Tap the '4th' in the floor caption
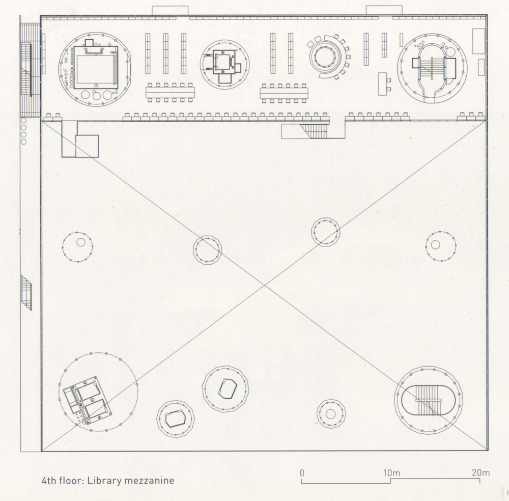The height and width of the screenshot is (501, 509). tap(49, 480)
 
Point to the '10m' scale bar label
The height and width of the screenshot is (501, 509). tap(391, 473)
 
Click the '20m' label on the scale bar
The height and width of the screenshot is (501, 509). tap(481, 473)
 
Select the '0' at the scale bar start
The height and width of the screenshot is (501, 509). tap(302, 473)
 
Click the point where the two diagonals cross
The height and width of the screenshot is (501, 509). tap(265, 286)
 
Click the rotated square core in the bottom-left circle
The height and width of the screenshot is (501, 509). tap(88, 400)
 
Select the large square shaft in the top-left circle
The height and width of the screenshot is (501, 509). tap(95, 67)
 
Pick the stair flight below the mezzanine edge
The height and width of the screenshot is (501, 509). tap(313, 131)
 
